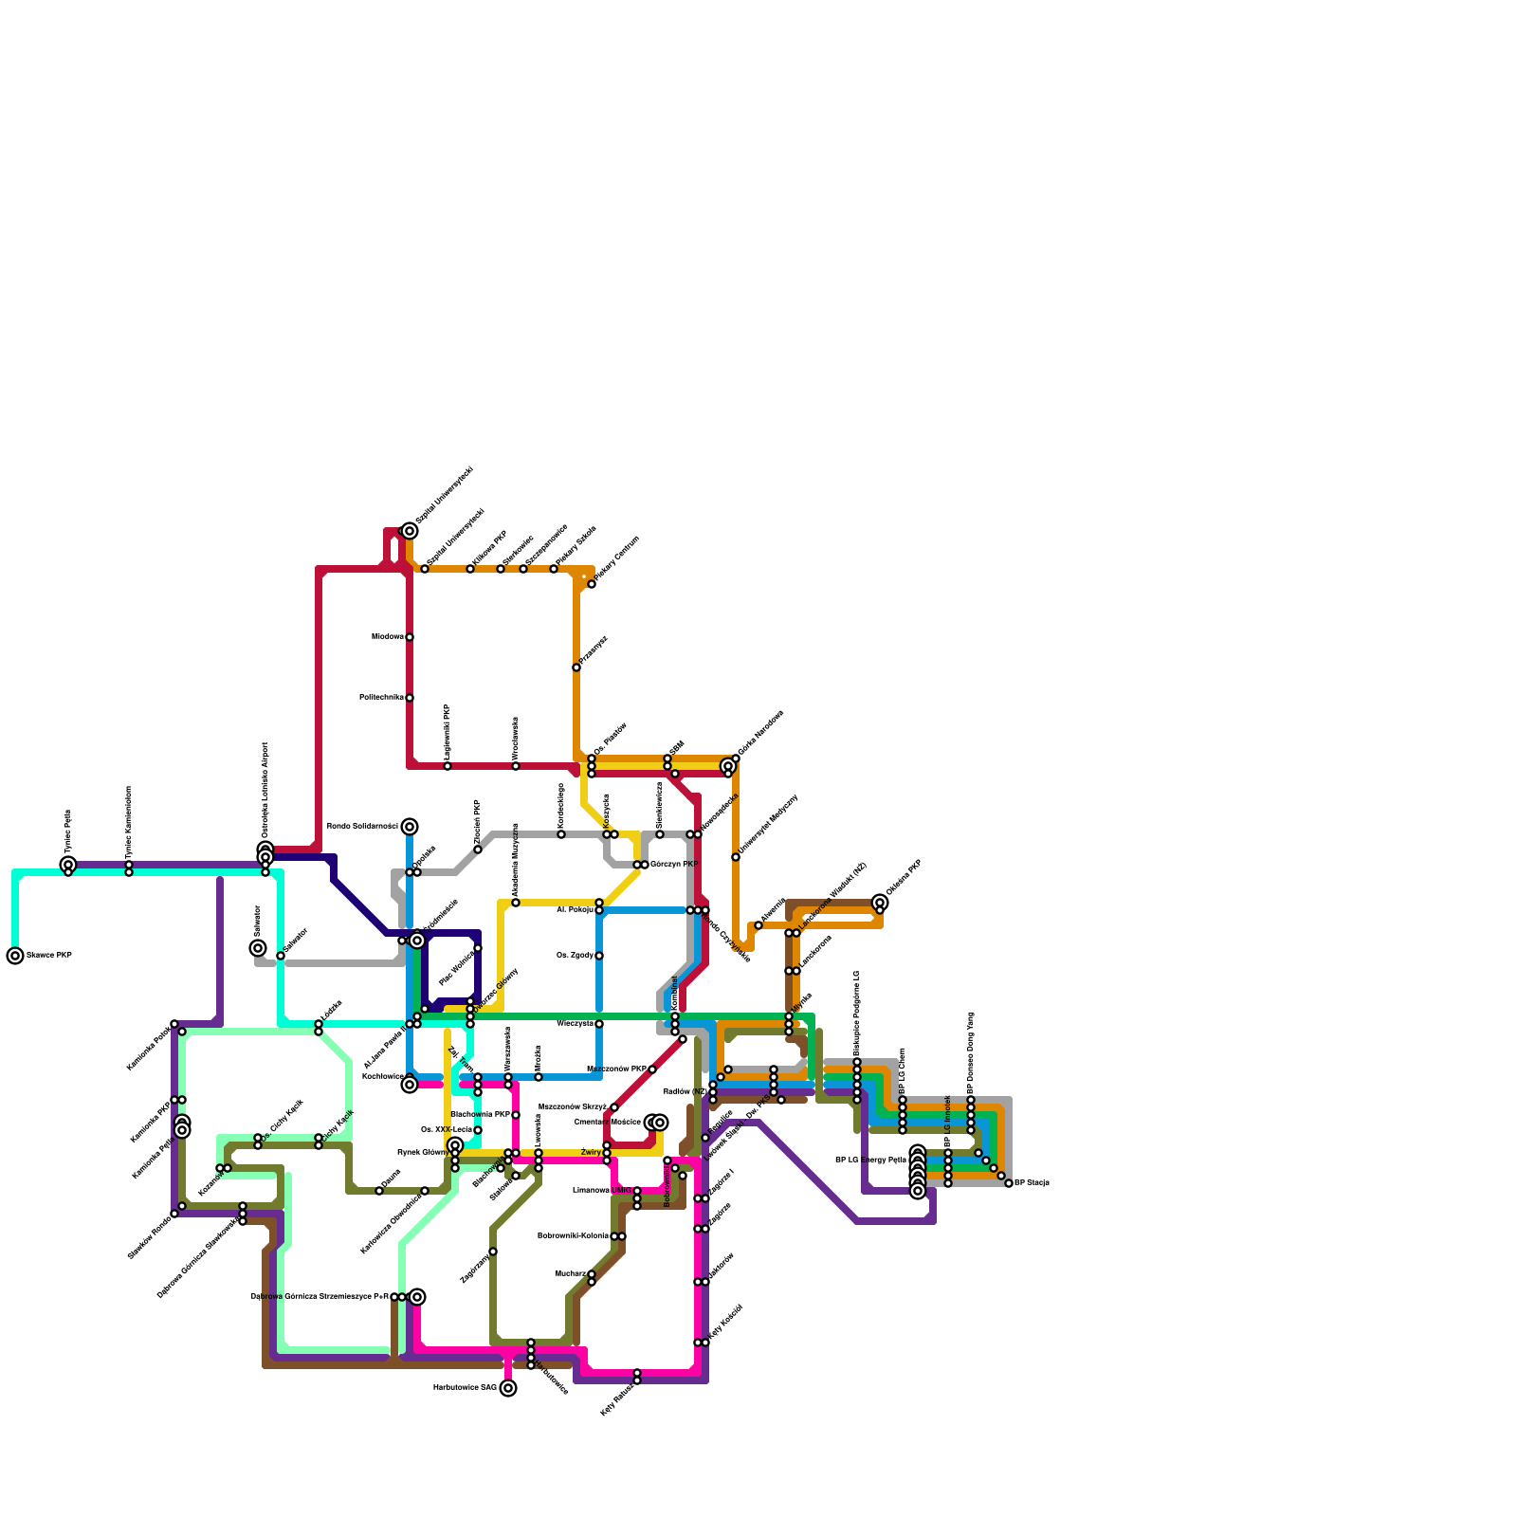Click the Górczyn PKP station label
(x=674, y=865)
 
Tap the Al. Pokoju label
(x=575, y=909)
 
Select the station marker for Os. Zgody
(x=599, y=956)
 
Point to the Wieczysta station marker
(x=599, y=1024)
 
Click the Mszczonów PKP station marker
(x=652, y=1069)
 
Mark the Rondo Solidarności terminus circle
(x=410, y=827)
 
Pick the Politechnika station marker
(x=410, y=698)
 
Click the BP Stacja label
(x=1032, y=1183)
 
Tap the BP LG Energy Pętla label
(x=870, y=1160)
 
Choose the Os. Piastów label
(x=611, y=740)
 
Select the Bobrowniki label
(x=667, y=1185)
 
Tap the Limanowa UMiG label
(x=602, y=1190)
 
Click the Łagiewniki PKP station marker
(x=448, y=766)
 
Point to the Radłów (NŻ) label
(x=685, y=1091)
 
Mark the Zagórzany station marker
(x=493, y=1252)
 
